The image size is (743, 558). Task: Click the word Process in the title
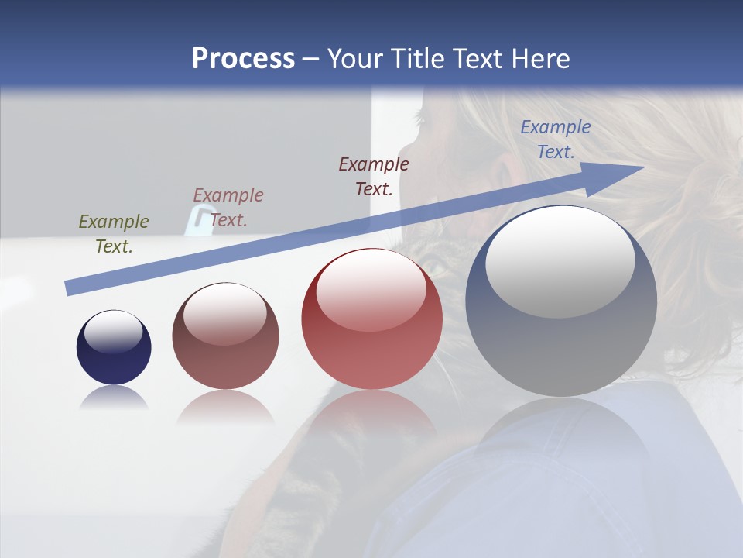coord(243,59)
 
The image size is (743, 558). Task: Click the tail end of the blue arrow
coord(68,288)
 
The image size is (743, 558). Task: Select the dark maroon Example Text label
coord(374,176)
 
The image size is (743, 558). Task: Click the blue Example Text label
coord(556,139)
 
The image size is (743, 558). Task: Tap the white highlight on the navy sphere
coord(114,332)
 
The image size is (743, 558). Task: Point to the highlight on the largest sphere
coord(560,262)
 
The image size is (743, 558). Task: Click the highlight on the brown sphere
coord(225,314)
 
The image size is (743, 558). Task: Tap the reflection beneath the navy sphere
coord(114,398)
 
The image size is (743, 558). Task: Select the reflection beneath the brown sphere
coord(225,406)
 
